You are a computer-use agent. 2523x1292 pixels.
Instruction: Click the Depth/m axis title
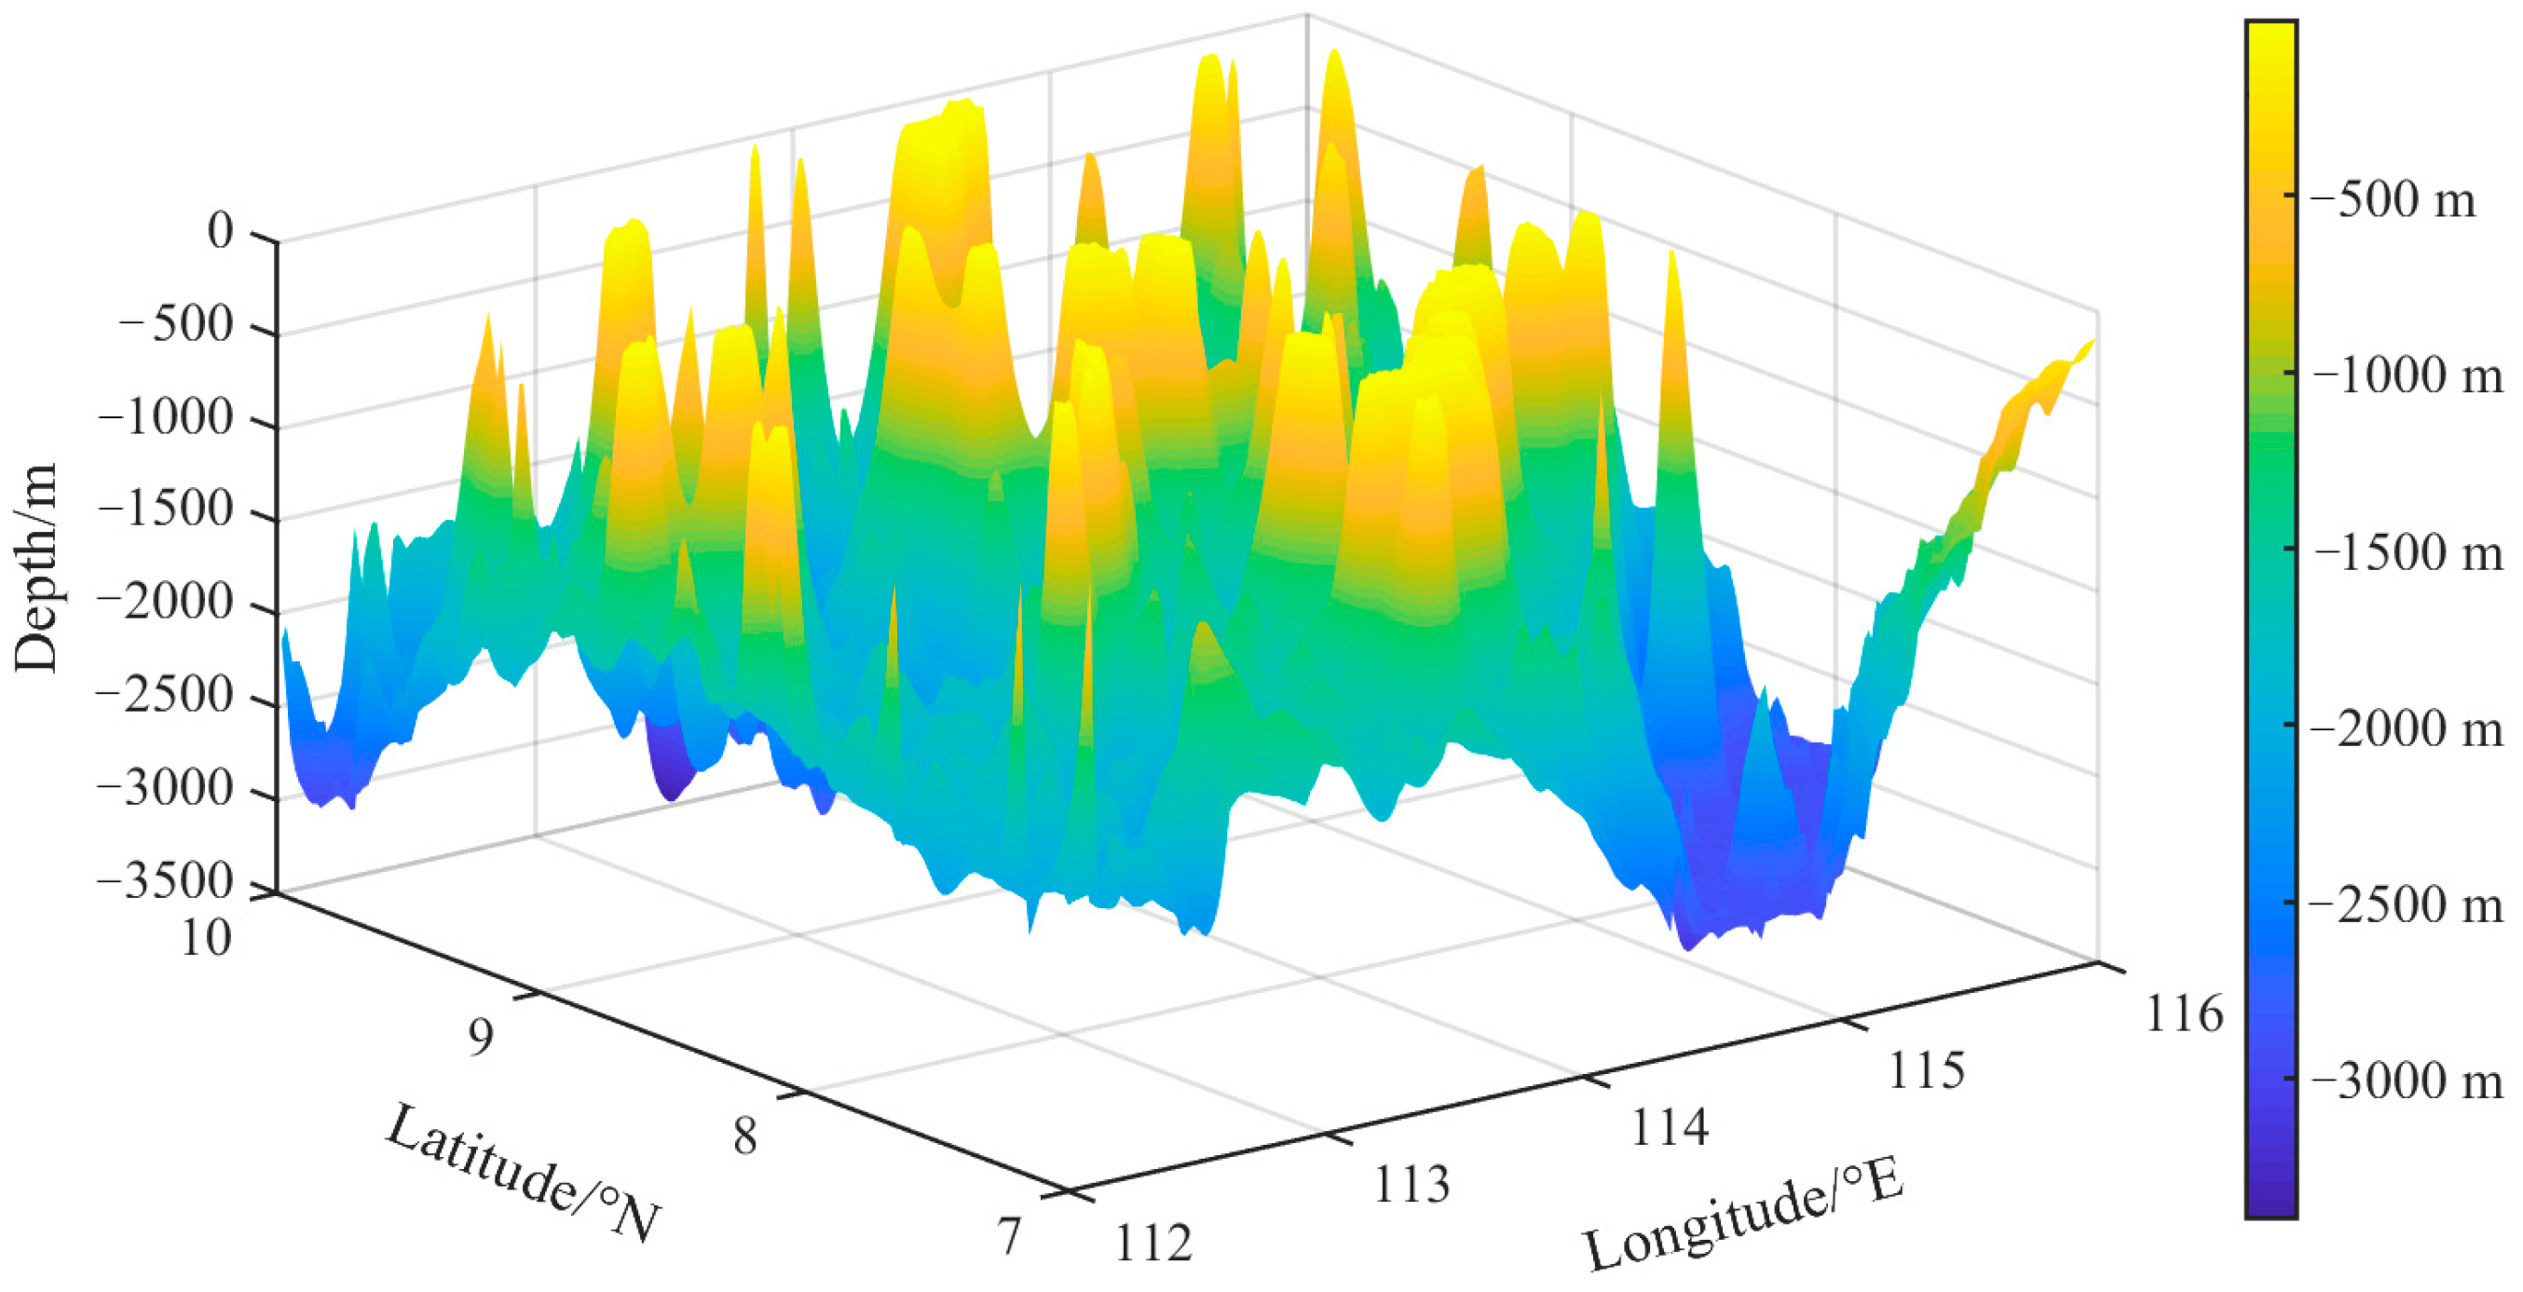(x=35, y=568)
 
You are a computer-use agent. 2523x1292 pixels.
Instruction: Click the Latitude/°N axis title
(x=524, y=1174)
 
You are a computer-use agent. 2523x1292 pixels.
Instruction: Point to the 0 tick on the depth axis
(x=221, y=231)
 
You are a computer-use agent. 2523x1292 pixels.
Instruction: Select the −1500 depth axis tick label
(x=167, y=510)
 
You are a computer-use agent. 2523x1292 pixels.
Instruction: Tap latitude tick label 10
(x=207, y=937)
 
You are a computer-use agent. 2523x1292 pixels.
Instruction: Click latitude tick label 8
(x=745, y=1136)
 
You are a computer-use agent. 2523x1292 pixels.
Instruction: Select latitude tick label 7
(x=1010, y=1236)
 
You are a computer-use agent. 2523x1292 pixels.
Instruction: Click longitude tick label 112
(x=1153, y=1244)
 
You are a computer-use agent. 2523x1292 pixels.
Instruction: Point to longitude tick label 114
(x=1669, y=1127)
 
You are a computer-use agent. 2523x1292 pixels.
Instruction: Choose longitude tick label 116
(x=2184, y=1013)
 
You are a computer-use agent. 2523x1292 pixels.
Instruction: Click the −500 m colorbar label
(x=2392, y=200)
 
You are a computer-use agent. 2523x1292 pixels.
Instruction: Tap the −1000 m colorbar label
(x=2406, y=376)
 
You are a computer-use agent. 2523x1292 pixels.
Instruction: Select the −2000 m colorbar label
(x=2406, y=728)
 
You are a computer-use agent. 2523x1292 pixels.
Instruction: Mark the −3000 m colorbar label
(x=2406, y=1081)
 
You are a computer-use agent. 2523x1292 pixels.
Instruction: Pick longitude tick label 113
(x=1412, y=1185)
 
